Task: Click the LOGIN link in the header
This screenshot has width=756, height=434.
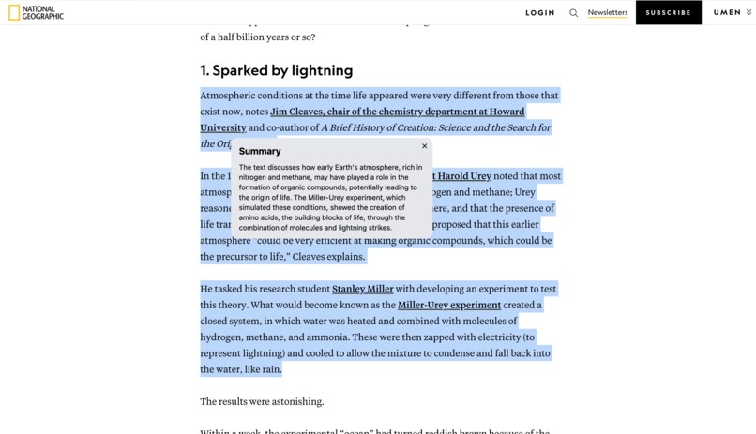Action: pyautogui.click(x=539, y=13)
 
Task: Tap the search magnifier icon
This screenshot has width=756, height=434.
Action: pyautogui.click(x=573, y=13)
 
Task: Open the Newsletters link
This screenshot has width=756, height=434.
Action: pyautogui.click(x=607, y=13)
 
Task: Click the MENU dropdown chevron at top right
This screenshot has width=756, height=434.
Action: pyautogui.click(x=748, y=13)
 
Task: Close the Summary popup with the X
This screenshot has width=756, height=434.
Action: pyautogui.click(x=424, y=146)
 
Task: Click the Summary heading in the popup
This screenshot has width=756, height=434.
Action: pyautogui.click(x=260, y=151)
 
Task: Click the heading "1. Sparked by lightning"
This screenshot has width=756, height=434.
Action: pyautogui.click(x=276, y=70)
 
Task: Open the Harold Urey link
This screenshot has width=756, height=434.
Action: pyautogui.click(x=462, y=176)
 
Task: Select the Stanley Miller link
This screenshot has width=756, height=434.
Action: pyautogui.click(x=362, y=289)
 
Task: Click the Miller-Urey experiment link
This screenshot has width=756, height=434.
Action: pyautogui.click(x=448, y=305)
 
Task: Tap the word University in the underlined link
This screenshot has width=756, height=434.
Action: pyautogui.click(x=222, y=127)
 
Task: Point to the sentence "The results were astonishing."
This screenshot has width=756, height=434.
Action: pyautogui.click(x=262, y=401)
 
